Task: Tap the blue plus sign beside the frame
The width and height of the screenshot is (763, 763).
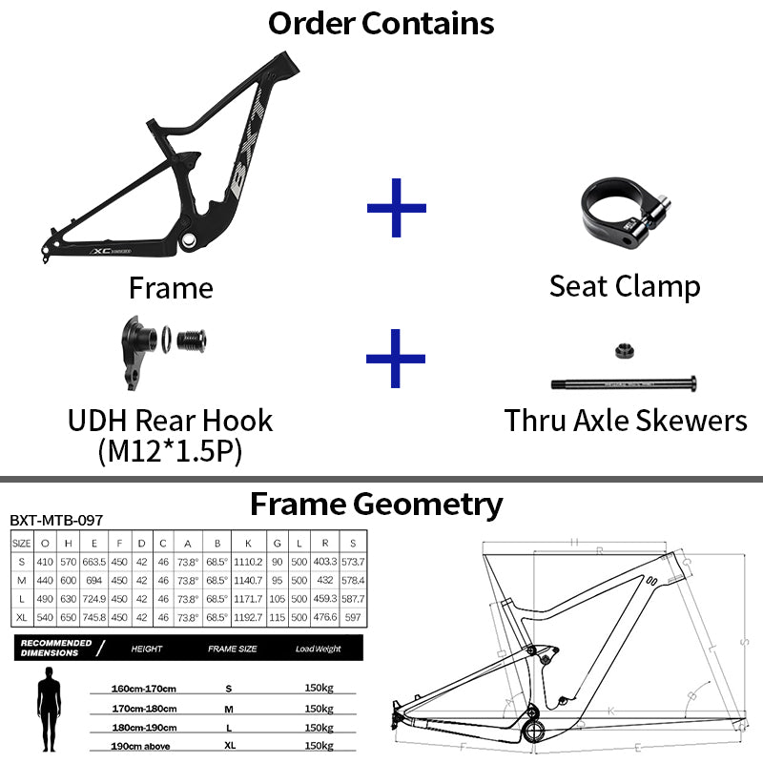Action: click(397, 206)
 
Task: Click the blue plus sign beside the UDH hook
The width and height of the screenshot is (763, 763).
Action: click(396, 359)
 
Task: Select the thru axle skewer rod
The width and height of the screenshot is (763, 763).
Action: click(622, 384)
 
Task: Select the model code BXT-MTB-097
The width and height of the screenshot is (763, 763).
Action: click(56, 521)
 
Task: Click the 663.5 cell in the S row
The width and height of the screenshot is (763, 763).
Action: click(93, 561)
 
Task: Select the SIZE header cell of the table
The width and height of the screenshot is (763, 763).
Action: click(21, 543)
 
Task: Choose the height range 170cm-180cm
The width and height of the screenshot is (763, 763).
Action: click(144, 708)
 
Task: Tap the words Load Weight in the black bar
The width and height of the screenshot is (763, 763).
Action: click(319, 649)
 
